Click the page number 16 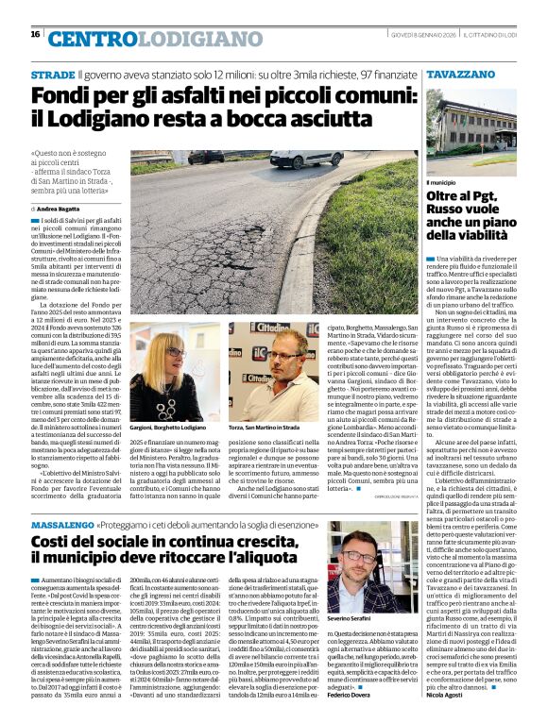(x=35, y=34)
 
